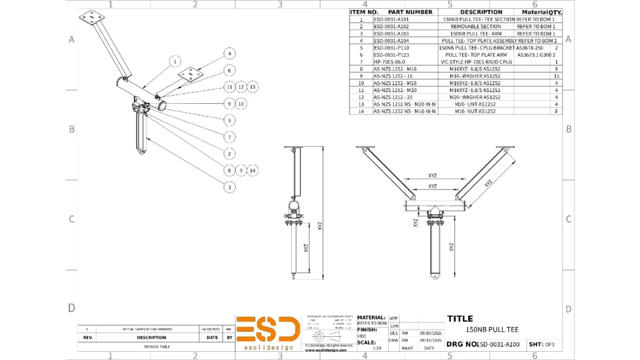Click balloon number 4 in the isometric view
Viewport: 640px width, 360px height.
tap(230, 54)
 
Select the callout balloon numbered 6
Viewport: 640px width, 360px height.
tap(230, 71)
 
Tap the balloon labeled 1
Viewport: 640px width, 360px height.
tap(176, 61)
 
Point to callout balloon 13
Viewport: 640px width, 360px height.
tap(252, 87)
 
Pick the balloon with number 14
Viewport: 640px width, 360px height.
tap(252, 170)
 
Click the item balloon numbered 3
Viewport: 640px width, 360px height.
tap(230, 187)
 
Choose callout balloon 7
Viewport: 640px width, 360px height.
tap(230, 137)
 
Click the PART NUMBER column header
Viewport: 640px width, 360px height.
tap(410, 12)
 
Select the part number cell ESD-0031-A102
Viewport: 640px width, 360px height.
tap(391, 27)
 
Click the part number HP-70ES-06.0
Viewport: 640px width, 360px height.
tap(389, 62)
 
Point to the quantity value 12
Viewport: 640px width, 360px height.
tap(555, 76)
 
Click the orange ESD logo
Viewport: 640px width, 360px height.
tap(267, 329)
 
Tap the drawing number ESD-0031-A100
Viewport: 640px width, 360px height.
tap(498, 344)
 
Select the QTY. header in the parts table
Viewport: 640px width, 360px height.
tap(555, 12)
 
